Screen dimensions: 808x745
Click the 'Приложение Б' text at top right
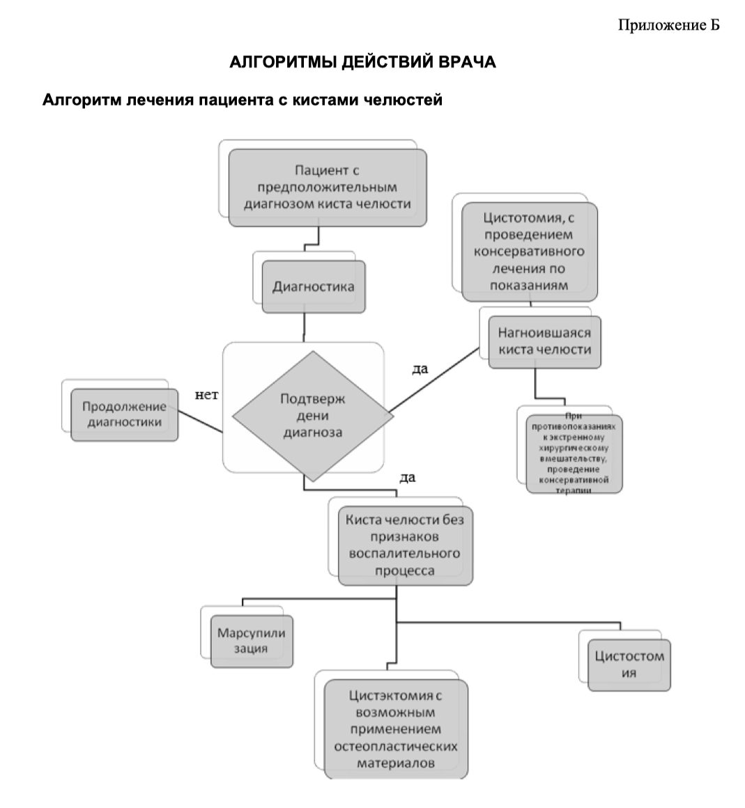[x=668, y=26]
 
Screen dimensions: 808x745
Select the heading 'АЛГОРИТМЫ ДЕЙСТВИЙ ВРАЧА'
[x=362, y=62]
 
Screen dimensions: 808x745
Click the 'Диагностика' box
[x=313, y=286]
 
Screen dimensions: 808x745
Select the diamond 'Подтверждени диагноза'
[x=312, y=416]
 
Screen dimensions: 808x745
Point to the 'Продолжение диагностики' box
[x=124, y=414]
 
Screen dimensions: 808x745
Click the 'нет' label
[x=206, y=396]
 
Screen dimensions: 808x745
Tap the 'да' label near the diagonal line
[x=420, y=368]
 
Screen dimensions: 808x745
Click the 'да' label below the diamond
[x=407, y=478]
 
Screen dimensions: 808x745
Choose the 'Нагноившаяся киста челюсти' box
[x=544, y=342]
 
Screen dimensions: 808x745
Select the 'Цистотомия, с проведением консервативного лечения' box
[x=529, y=251]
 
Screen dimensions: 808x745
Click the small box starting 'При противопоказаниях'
[x=573, y=453]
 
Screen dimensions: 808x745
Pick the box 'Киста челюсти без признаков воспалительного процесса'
[x=405, y=545]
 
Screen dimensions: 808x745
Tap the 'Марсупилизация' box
[x=251, y=641]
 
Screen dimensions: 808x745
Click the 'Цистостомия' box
[x=629, y=665]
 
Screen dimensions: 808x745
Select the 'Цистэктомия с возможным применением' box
[x=395, y=729]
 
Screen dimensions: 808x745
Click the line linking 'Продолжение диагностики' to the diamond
[x=200, y=422]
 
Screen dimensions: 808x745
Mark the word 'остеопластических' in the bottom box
[x=395, y=746]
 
